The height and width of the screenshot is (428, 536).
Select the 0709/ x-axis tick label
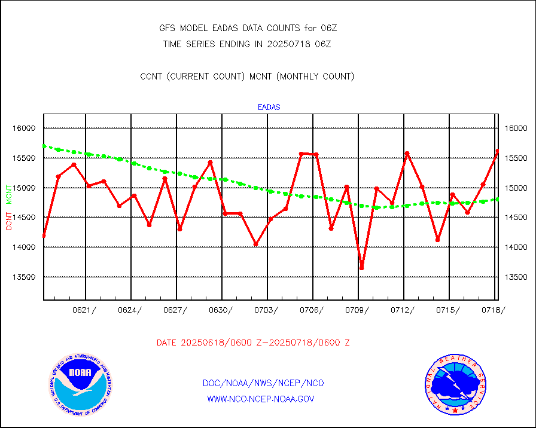point(358,310)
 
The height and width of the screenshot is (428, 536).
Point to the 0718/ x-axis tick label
point(494,310)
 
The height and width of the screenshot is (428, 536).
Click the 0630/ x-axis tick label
point(221,310)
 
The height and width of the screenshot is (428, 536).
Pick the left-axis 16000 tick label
point(25,129)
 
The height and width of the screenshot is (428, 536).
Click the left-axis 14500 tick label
point(25,218)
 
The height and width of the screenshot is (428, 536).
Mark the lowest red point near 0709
point(361,268)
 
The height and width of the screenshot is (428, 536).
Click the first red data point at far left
point(44,236)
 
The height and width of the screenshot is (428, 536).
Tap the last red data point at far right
point(497,151)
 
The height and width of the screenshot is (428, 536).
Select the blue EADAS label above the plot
point(269,108)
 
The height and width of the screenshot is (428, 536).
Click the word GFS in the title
point(167,28)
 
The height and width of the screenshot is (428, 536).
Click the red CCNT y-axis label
point(9,221)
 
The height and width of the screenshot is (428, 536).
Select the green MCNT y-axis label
point(9,194)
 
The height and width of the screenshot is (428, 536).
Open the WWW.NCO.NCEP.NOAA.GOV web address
point(260,399)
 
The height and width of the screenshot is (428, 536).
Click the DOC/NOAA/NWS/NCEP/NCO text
point(263,383)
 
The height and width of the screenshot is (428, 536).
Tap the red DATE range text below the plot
point(253,343)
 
